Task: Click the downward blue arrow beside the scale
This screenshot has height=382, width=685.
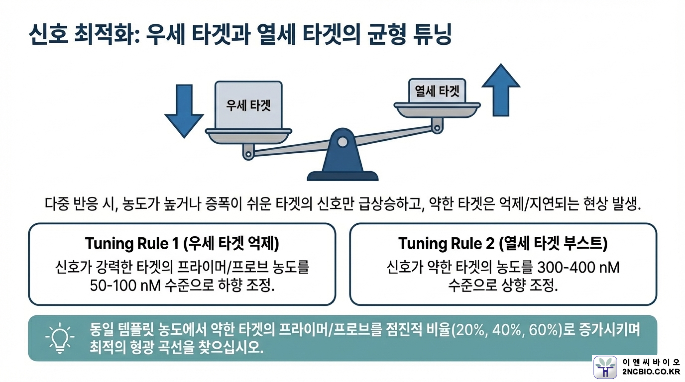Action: pyautogui.click(x=184, y=111)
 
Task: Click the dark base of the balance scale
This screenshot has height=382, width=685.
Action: pyautogui.click(x=342, y=176)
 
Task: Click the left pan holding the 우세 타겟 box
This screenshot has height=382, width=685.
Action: pyautogui.click(x=248, y=136)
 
